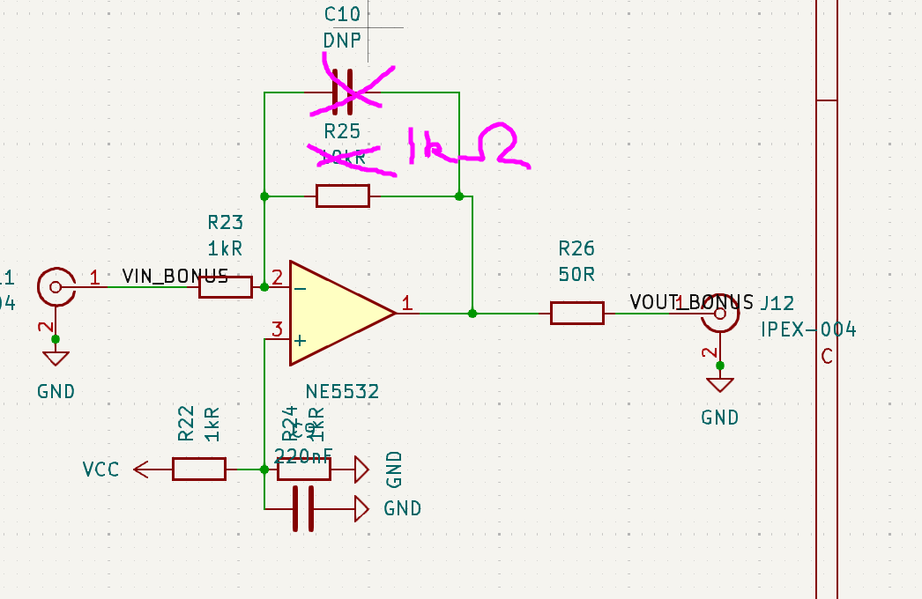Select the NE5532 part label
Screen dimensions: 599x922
coord(342,391)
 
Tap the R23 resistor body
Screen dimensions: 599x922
coord(225,286)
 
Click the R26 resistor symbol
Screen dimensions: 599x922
coord(577,313)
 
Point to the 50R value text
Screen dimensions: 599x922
coord(576,274)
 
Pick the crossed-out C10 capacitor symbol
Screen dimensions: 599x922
coord(343,92)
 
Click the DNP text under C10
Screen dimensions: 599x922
coord(342,40)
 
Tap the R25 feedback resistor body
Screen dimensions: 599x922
coord(343,196)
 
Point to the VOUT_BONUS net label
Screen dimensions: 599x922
coord(692,302)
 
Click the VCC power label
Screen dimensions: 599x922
coord(100,469)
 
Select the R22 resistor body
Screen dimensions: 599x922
coord(198,469)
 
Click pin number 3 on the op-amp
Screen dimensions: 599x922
coord(277,330)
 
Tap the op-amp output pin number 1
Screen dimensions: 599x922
coord(407,303)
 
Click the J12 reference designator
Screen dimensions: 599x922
coord(777,303)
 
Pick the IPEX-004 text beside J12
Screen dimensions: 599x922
coord(808,329)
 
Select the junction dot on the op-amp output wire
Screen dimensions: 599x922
coord(472,313)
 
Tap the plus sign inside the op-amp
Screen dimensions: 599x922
coord(301,340)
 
